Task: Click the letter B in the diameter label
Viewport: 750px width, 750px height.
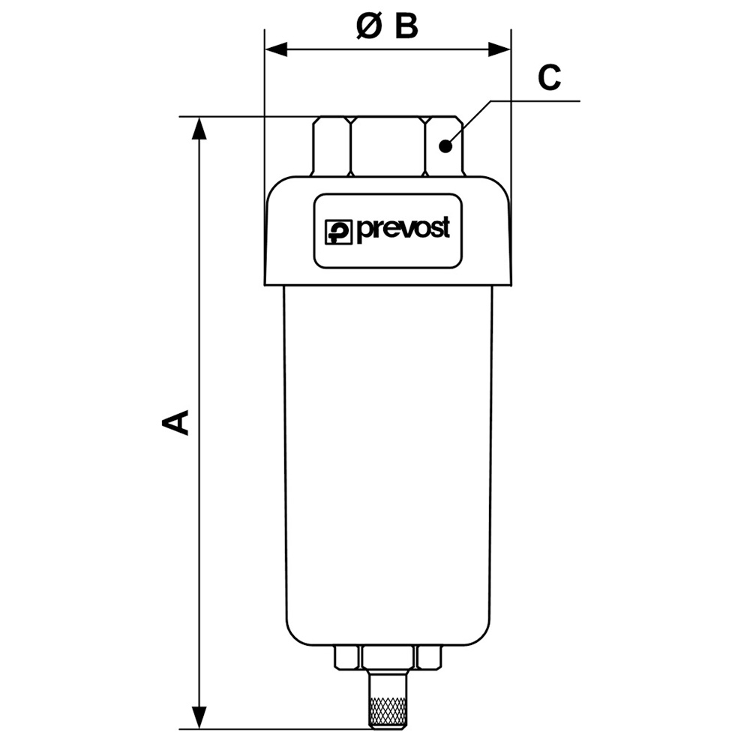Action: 405,27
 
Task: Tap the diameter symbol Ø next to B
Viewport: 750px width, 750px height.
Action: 370,27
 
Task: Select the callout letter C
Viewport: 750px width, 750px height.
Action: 549,78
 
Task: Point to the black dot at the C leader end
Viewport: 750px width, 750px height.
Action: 445,146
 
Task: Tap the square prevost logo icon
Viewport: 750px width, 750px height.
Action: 338,232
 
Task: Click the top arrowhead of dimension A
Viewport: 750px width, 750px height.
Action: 199,128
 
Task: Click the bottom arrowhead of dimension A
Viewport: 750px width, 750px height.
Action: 199,717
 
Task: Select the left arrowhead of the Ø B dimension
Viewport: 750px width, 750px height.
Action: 277,50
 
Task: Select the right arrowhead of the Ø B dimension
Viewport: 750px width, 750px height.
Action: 499,50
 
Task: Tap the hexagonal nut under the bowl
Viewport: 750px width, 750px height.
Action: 388,658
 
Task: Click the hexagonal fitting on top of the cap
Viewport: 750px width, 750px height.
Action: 388,146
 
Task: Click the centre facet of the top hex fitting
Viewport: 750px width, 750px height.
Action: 388,146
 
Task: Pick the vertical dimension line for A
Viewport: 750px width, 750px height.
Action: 199,300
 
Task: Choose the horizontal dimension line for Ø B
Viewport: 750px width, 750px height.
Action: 450,50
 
